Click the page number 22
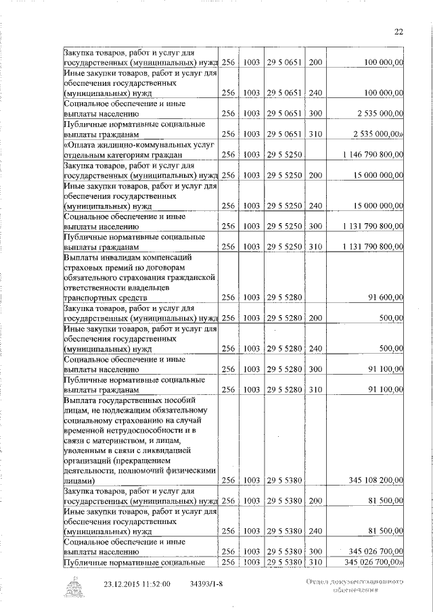(x=398, y=31)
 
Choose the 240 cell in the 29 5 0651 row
(x=315, y=92)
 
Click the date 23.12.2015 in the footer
(x=124, y=584)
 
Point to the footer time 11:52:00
(x=156, y=584)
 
